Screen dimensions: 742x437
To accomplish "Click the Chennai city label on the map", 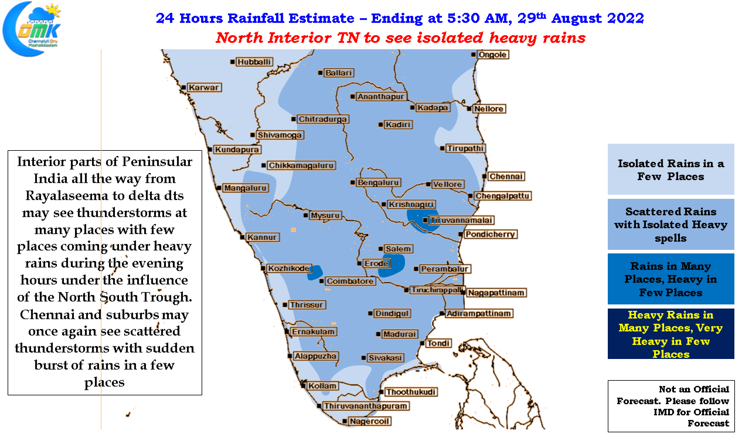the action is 506,177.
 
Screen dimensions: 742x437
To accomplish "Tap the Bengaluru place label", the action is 378,182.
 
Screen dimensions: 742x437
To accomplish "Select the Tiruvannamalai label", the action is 461,220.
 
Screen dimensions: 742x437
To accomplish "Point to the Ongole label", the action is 492,55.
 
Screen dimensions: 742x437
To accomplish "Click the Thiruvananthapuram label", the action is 366,406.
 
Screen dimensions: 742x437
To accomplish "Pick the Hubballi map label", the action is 254,62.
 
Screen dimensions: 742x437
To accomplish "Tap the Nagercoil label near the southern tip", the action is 369,421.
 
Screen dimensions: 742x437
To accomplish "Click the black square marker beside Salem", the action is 381,249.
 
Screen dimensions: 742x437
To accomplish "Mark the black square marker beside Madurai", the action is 378,334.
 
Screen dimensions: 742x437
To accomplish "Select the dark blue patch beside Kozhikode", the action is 315,273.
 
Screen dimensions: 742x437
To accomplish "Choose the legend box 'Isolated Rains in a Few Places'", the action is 670,170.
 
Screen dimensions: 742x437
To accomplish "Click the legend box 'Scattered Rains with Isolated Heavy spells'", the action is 670,225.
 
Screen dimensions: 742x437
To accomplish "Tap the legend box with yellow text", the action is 670,334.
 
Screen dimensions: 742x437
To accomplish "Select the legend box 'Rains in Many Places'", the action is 670,279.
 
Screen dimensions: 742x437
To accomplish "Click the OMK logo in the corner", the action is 32,29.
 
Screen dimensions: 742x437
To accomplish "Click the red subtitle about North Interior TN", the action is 400,38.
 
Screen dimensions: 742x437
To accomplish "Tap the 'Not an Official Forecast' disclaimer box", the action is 671,406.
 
